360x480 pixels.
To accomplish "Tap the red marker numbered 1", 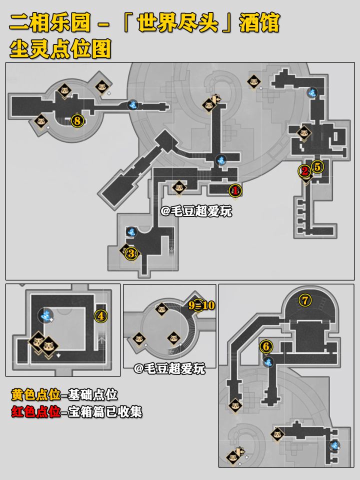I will click(234, 190).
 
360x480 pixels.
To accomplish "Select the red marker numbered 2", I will click(304, 171).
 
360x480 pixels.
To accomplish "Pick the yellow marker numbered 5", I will click(316, 166).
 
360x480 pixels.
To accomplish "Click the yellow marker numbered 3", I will click(131, 253).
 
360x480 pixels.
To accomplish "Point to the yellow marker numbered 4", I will click(101, 315).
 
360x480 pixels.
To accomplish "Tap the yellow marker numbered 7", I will click(304, 300).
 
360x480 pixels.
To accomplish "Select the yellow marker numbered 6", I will click(266, 345).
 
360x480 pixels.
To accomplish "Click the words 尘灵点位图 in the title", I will click(60, 49).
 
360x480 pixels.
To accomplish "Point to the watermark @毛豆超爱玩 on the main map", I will click(196, 211).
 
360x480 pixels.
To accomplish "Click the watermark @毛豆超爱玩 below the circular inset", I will click(169, 369).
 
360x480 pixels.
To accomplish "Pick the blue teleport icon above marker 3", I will click(131, 231).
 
